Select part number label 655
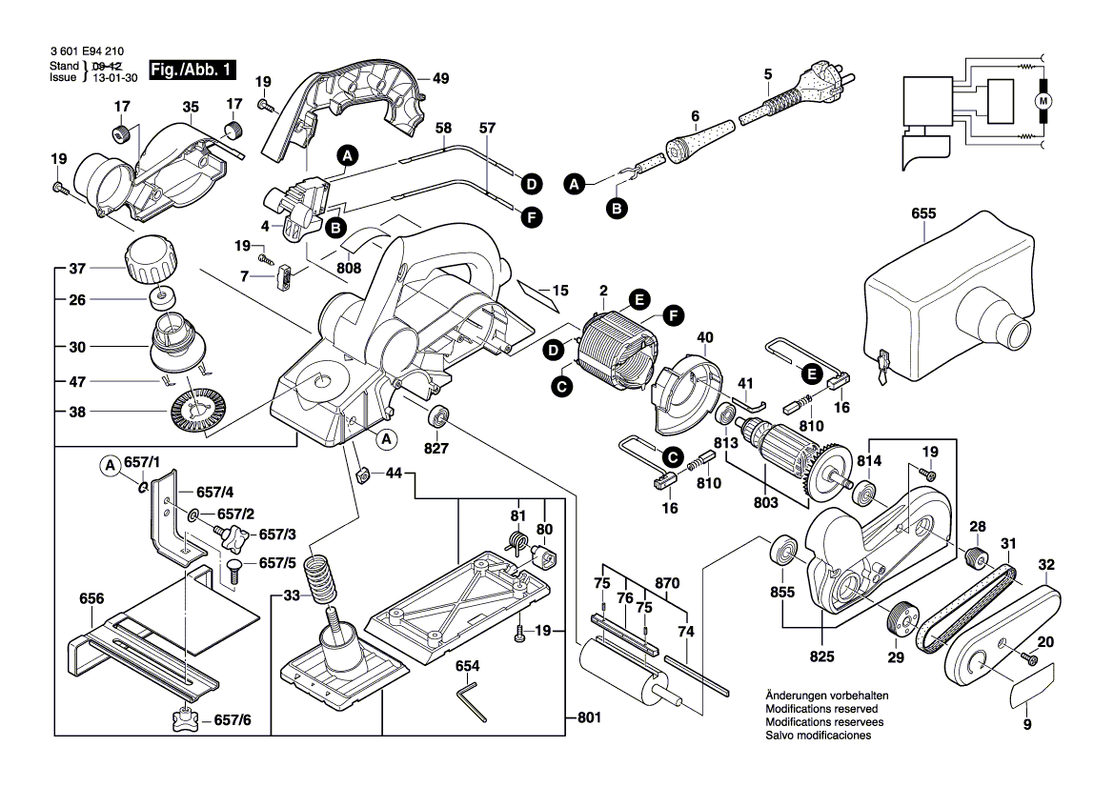pos(922,214)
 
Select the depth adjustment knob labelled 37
pos(147,260)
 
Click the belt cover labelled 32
pos(1001,638)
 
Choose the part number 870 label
pos(668,583)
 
